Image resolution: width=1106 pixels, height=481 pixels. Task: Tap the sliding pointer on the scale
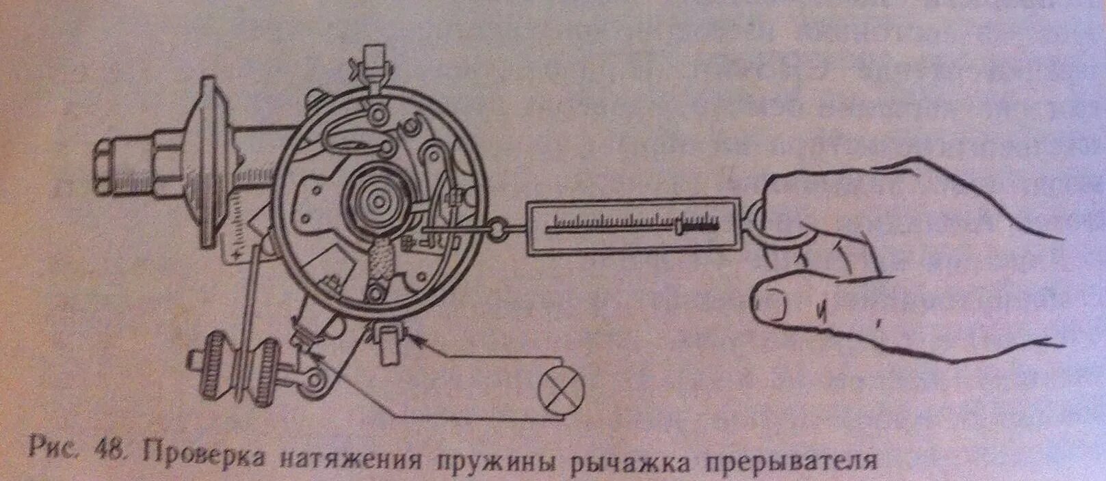[x=681, y=226]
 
